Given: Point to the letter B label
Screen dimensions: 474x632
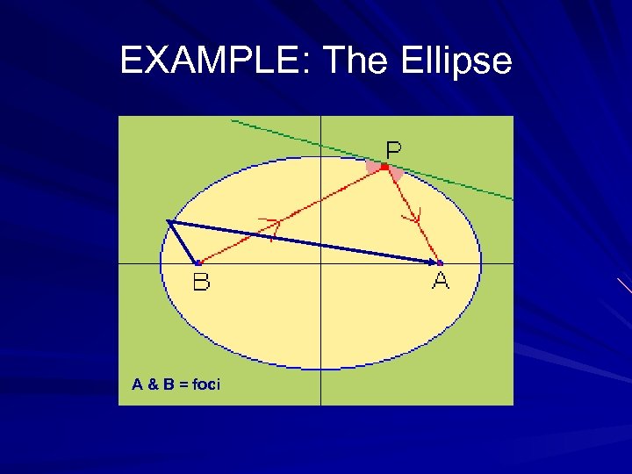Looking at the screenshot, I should click(201, 283).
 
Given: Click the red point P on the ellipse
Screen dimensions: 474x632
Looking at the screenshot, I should click(384, 166).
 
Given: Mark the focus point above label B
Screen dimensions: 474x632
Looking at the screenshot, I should click(198, 262).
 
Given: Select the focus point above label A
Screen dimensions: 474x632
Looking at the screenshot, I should click(439, 262).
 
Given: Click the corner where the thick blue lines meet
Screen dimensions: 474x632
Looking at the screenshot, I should click(169, 221).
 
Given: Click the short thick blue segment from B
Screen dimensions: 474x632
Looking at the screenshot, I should click(183, 241).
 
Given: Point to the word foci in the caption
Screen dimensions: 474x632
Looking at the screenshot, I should click(206, 384).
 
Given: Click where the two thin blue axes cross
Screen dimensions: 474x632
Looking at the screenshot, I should click(321, 262).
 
